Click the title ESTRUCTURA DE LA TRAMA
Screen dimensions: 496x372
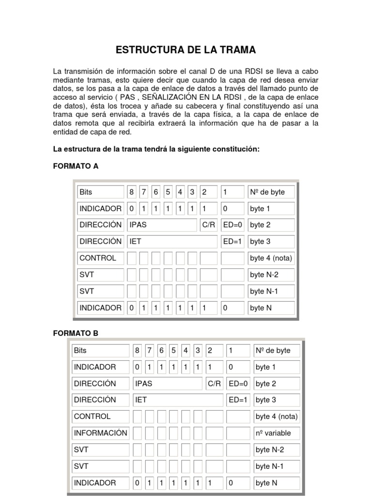[186, 50]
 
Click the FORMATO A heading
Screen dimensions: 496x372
[75, 166]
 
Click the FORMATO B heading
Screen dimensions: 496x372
[75, 333]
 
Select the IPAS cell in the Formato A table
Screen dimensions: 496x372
[162, 225]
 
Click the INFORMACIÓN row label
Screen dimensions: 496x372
[100, 433]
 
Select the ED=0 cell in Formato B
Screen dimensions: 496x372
[238, 384]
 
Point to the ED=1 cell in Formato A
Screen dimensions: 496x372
[232, 241]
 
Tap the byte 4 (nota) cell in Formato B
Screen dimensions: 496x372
[277, 417]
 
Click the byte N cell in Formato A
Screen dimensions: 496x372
[271, 308]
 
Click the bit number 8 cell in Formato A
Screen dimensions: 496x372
[131, 192]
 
